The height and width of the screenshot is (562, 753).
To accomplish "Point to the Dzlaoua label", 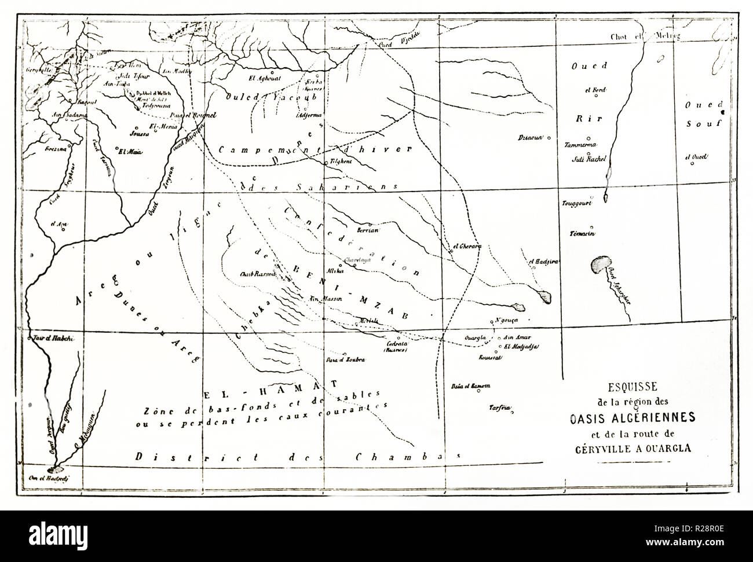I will (x=531, y=138).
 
